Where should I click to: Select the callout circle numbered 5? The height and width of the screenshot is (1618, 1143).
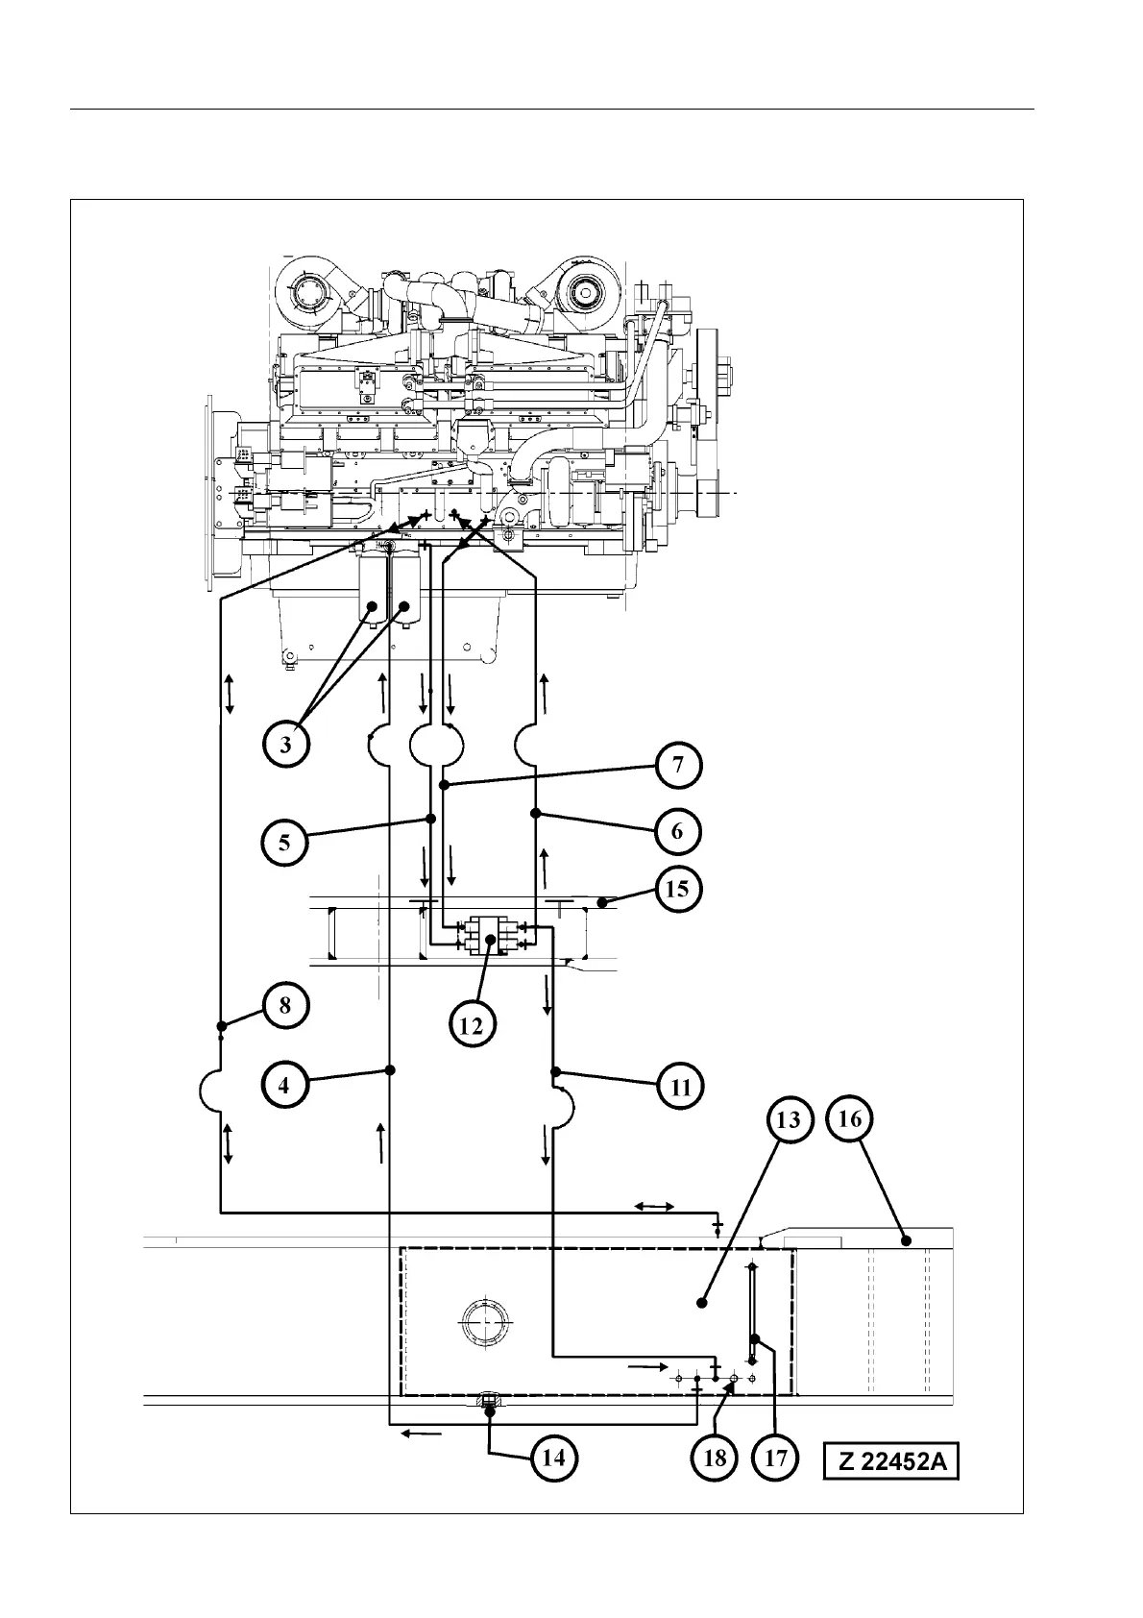click(x=285, y=843)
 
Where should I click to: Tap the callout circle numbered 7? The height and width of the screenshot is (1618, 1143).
click(x=678, y=766)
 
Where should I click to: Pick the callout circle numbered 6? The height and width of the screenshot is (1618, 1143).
click(x=677, y=831)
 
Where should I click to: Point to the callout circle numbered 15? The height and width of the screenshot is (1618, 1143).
click(x=677, y=889)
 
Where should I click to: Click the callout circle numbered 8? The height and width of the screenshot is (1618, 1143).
click(x=285, y=1006)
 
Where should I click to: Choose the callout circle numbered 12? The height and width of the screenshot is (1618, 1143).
click(x=472, y=1024)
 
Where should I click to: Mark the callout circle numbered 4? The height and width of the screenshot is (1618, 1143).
click(x=285, y=1086)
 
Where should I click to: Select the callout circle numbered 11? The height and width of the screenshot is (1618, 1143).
click(x=680, y=1088)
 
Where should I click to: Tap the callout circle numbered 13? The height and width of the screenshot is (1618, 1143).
click(x=789, y=1120)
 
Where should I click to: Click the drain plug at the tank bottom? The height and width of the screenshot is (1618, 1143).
click(x=489, y=1401)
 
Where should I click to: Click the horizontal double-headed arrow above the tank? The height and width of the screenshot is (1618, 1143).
click(x=654, y=1206)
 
